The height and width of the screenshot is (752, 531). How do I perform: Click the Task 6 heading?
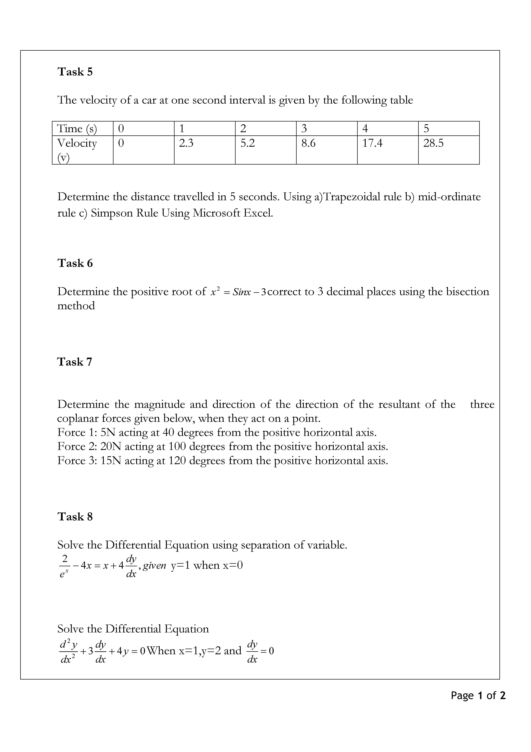click(x=75, y=263)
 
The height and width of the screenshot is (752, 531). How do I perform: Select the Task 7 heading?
click(x=75, y=362)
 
